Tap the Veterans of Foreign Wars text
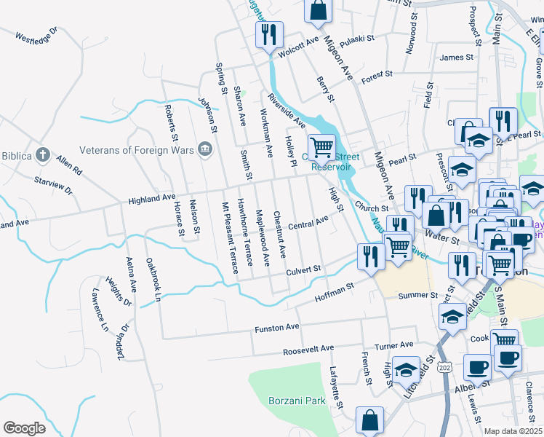(132, 150)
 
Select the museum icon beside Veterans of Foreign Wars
(205, 150)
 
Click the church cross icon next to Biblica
(43, 154)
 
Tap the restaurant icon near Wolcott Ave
(268, 34)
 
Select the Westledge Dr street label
(36, 34)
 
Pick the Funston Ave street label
(276, 328)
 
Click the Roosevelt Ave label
(308, 349)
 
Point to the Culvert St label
(303, 270)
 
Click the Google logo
(24, 428)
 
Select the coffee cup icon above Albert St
(476, 368)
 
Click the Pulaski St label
(356, 38)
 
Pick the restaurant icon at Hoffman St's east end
(371, 256)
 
